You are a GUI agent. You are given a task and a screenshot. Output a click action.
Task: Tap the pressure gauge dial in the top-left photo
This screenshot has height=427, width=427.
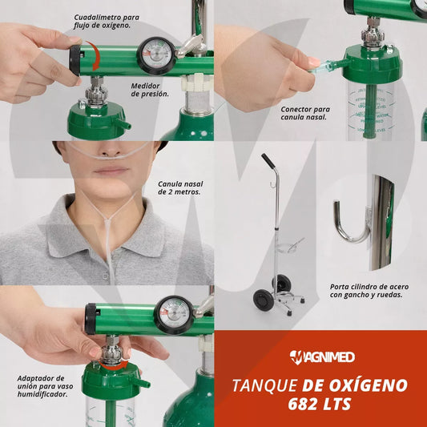(x=156, y=56)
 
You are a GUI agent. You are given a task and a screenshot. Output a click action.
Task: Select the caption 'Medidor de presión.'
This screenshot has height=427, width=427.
(x=150, y=90)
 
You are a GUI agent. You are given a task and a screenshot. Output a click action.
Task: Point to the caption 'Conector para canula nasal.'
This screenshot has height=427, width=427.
(x=305, y=113)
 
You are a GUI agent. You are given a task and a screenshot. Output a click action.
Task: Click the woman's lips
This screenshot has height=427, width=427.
(x=111, y=171)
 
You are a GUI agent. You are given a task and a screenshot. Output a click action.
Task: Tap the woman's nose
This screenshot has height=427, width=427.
(x=111, y=151)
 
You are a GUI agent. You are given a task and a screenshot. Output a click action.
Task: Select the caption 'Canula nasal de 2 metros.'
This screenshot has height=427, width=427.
(x=180, y=188)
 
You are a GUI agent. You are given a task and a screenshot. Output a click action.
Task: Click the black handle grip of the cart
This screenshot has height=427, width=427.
(x=268, y=161)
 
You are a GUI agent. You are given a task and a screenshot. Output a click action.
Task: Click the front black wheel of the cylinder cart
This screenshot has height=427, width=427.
(x=263, y=299)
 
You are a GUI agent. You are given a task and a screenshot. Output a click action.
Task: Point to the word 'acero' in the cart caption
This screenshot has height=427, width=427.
(x=398, y=287)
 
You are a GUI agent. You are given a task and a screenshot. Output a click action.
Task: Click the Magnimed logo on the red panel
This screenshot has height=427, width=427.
(x=322, y=357)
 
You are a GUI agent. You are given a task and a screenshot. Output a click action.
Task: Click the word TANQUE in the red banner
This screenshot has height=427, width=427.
(x=265, y=385)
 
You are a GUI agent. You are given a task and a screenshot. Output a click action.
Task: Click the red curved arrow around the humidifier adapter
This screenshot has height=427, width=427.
(x=114, y=365)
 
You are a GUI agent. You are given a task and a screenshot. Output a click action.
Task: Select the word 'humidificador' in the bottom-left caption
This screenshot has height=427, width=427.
(x=42, y=394)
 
